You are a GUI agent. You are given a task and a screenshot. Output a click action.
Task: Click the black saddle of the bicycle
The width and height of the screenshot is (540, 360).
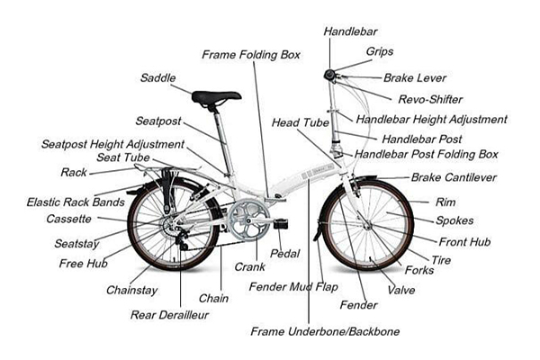pyautogui.click(x=216, y=95)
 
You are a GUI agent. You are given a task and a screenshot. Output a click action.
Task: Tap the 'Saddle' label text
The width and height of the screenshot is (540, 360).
pyautogui.click(x=157, y=77)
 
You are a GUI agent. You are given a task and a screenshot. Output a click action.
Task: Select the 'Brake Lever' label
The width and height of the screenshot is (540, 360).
pyautogui.click(x=415, y=78)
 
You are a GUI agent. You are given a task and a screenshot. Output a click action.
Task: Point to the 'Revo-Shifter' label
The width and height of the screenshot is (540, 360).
pyautogui.click(x=427, y=98)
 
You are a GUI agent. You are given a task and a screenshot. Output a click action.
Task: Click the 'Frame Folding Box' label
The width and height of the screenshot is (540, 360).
pyautogui.click(x=250, y=54)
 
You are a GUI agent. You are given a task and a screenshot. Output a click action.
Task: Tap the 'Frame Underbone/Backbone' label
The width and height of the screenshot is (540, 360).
pyautogui.click(x=325, y=332)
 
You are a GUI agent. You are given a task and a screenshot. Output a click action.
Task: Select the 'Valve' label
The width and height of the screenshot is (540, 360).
pyautogui.click(x=401, y=291)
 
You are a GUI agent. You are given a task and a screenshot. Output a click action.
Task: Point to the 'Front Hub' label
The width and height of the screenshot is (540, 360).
pyautogui.click(x=464, y=241)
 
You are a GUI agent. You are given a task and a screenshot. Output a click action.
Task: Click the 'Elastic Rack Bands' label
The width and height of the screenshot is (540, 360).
pyautogui.click(x=75, y=202)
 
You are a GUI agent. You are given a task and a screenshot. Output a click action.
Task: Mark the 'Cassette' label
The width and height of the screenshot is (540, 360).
pyautogui.click(x=68, y=219)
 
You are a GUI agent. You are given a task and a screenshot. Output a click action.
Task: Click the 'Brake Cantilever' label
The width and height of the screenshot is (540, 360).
pyautogui.click(x=454, y=178)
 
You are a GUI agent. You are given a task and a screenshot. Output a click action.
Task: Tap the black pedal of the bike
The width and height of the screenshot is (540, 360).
pyautogui.click(x=282, y=222)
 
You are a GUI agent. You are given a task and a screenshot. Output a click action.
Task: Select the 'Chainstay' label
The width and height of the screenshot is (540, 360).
pyautogui.click(x=132, y=290)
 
